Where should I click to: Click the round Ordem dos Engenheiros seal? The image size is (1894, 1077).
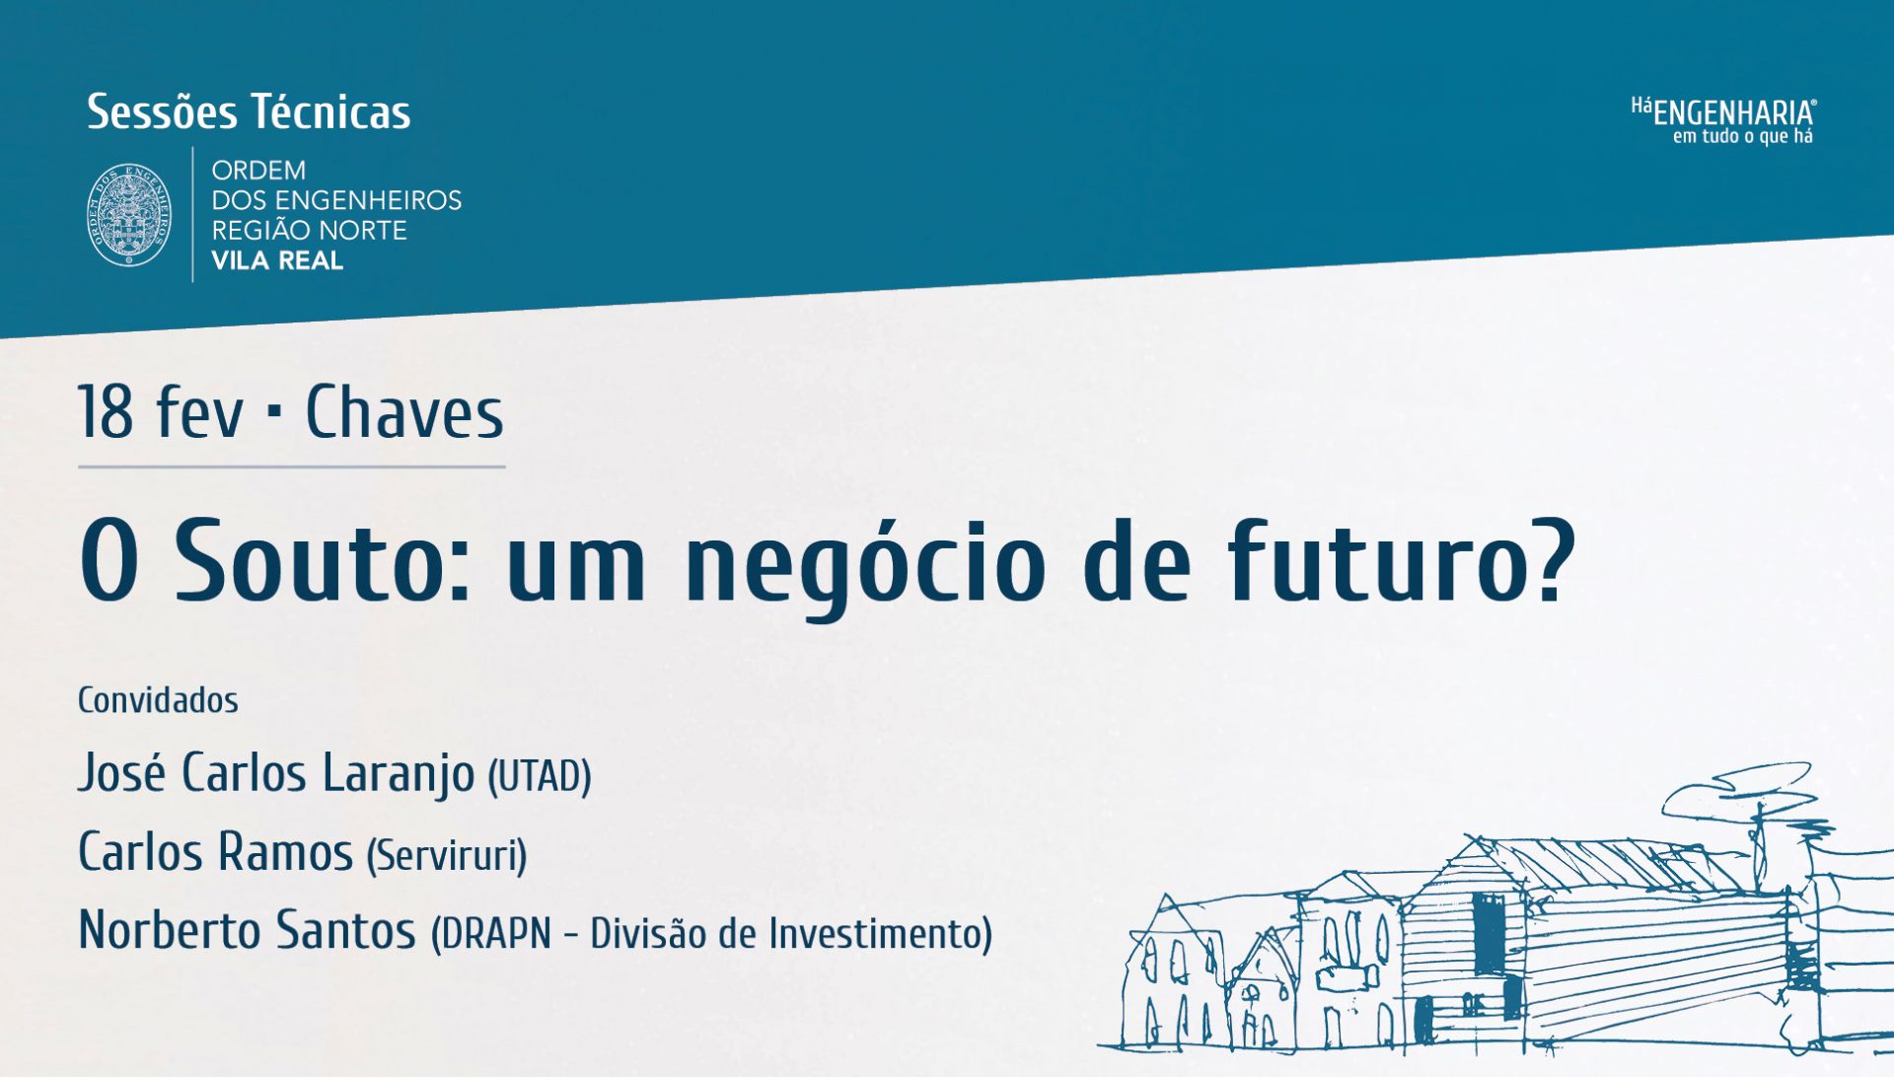click(x=129, y=215)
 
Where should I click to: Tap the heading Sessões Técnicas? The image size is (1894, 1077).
click(x=249, y=112)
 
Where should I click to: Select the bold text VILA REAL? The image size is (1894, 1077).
click(x=277, y=261)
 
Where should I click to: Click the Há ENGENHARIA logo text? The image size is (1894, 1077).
click(x=1723, y=111)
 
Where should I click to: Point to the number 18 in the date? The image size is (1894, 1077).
click(x=106, y=412)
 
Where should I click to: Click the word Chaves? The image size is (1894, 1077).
click(x=404, y=412)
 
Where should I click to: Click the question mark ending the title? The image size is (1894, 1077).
click(x=1550, y=559)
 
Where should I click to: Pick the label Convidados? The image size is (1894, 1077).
click(x=158, y=700)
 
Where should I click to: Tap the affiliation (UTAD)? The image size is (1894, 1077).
click(x=540, y=776)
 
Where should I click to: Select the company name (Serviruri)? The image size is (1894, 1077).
click(x=447, y=855)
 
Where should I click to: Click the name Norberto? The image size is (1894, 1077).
click(x=170, y=930)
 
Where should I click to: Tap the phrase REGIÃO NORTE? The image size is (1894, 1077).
click(x=309, y=231)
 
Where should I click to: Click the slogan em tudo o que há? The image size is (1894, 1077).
click(x=1743, y=137)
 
